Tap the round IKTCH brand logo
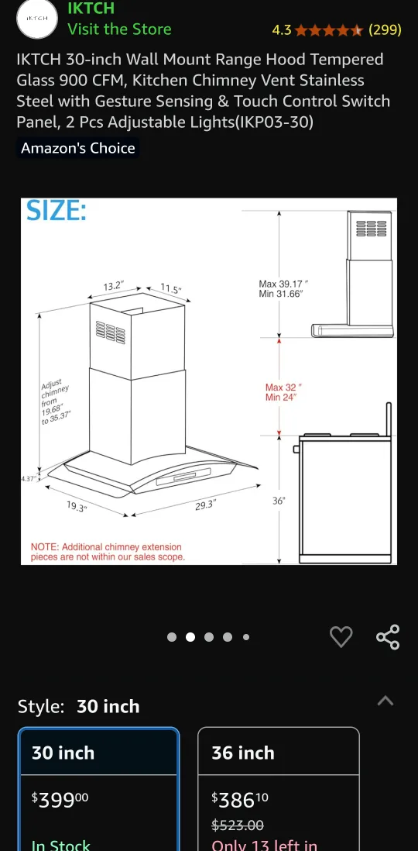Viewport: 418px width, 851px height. (37, 18)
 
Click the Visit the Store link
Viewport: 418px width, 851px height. (119, 29)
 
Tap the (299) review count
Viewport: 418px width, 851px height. (385, 30)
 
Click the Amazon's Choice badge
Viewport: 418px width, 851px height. (77, 148)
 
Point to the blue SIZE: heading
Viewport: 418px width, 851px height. (57, 212)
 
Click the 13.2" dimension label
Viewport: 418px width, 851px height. (114, 286)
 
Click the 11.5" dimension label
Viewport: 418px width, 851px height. (171, 289)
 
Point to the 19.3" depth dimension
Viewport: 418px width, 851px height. (76, 507)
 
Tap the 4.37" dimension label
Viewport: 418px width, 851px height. (28, 478)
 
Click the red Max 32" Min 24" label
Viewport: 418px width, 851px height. (283, 391)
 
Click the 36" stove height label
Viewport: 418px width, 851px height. (279, 501)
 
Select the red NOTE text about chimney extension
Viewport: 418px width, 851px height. (108, 552)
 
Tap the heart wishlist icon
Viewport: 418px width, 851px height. (341, 637)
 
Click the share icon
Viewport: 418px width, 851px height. (388, 637)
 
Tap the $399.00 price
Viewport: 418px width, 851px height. (60, 798)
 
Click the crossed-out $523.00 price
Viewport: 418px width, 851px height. (237, 825)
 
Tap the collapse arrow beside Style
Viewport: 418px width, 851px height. (385, 701)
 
